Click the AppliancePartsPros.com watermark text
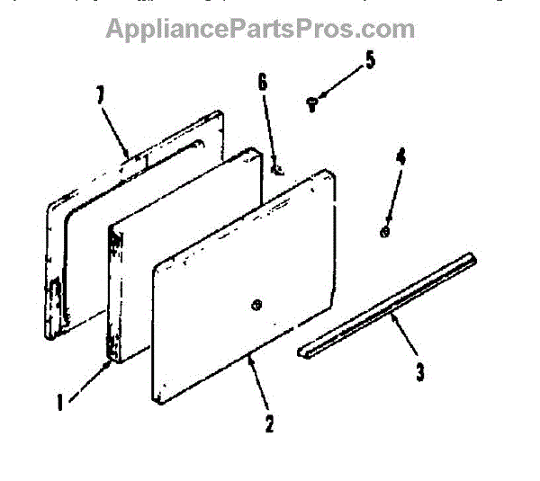[x=261, y=29]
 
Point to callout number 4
[x=400, y=156]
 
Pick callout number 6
[x=262, y=82]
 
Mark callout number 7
[x=100, y=94]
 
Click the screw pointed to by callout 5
[x=312, y=104]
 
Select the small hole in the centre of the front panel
[x=256, y=304]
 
